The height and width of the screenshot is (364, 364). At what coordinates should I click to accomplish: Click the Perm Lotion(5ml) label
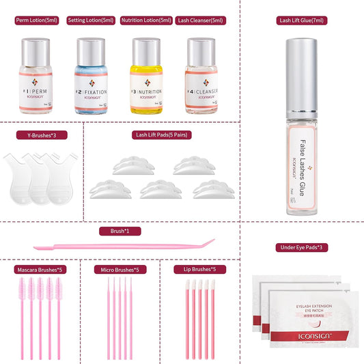click(38, 20)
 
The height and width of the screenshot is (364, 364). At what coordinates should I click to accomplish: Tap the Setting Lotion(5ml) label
click(91, 20)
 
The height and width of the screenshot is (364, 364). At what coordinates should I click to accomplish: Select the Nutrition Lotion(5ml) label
click(146, 20)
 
